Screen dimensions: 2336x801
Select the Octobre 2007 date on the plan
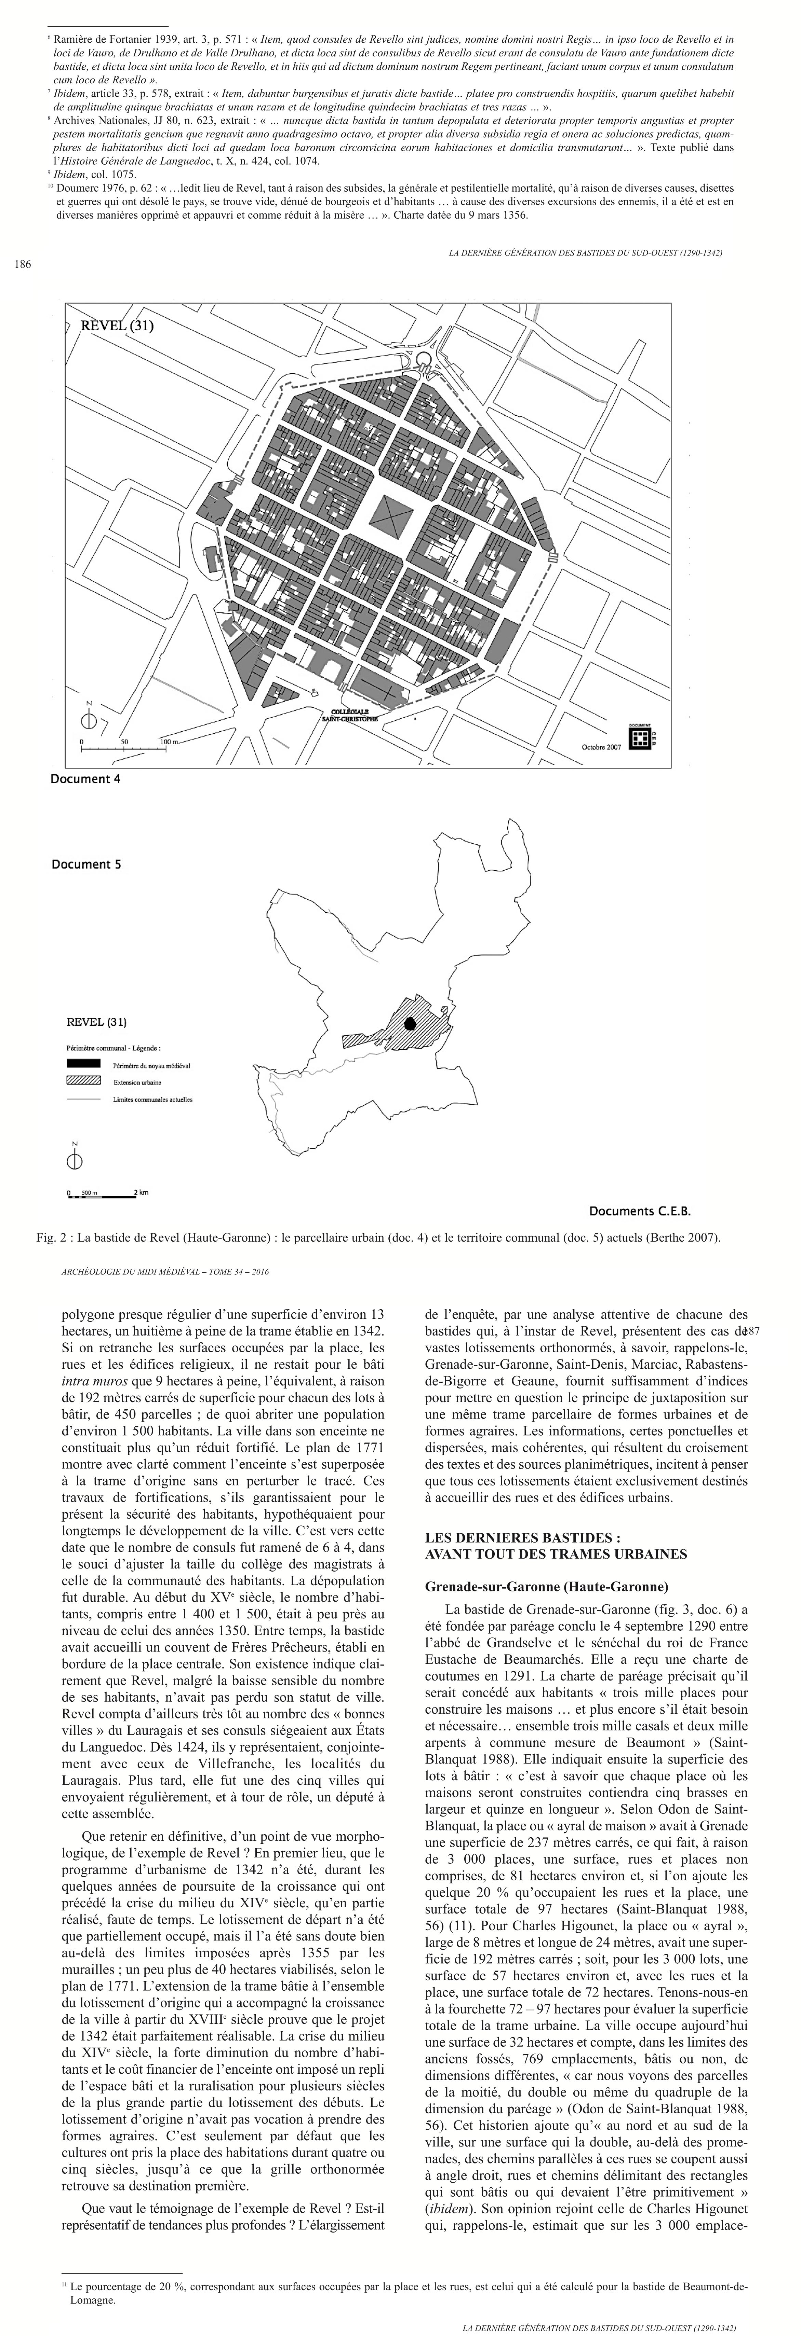click(601, 747)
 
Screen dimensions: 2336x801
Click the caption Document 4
click(85, 778)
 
